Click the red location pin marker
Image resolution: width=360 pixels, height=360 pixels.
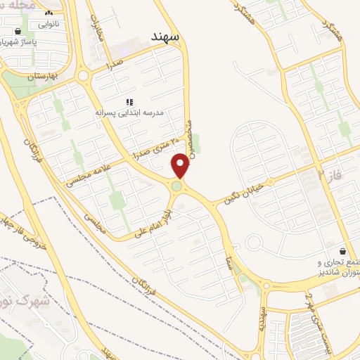(181, 166)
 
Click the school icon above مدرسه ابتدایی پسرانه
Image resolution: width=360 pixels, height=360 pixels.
(129, 101)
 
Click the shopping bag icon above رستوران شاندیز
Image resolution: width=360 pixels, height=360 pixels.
(342, 250)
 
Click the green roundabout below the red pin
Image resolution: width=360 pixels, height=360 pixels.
(176, 186)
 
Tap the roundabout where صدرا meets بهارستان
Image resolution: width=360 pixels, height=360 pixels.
(84, 75)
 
